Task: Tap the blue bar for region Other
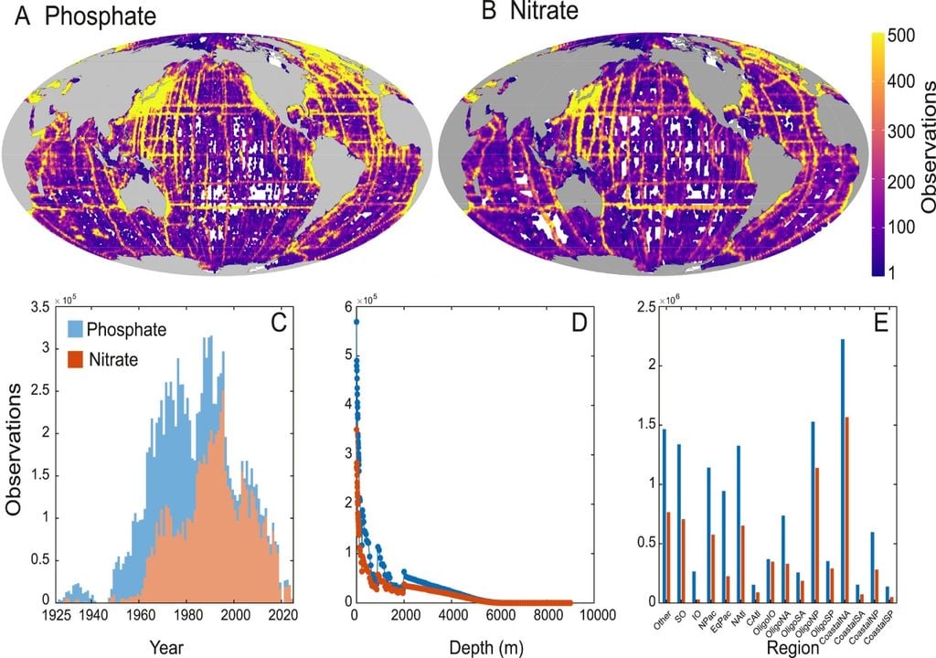[665, 515]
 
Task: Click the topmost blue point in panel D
[356, 322]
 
